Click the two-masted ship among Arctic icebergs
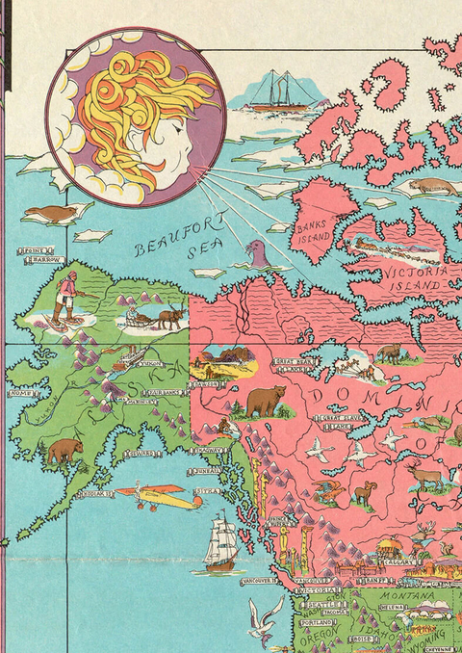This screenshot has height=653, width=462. point(281,89)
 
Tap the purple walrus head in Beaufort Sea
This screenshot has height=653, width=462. point(257,254)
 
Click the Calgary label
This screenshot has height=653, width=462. point(402,563)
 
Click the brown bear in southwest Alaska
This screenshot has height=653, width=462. point(65,450)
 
